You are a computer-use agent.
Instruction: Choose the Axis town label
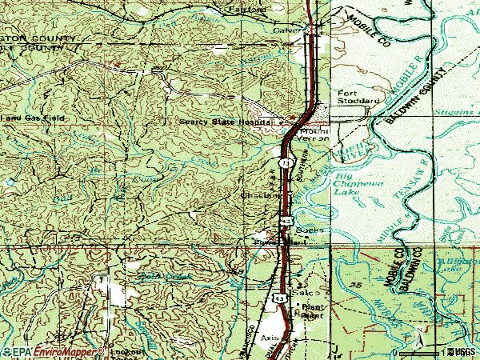[270, 338]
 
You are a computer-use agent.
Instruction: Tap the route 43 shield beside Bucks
[286, 220]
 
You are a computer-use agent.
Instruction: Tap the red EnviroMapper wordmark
[64, 351]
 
